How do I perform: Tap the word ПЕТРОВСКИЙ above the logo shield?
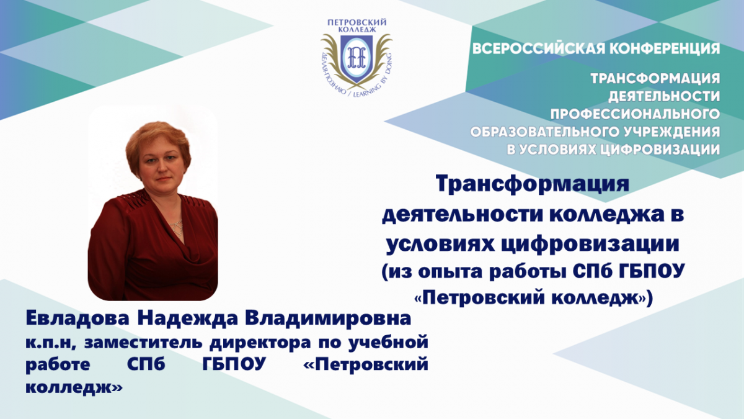[356, 22]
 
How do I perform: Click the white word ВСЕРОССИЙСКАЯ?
[539, 48]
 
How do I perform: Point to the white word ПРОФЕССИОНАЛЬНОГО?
[635, 114]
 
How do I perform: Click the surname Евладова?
[77, 319]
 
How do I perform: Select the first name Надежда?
[188, 319]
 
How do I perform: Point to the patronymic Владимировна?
[329, 319]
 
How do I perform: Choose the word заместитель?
[143, 343]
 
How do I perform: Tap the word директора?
[260, 344]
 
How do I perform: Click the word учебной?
[387, 343]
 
